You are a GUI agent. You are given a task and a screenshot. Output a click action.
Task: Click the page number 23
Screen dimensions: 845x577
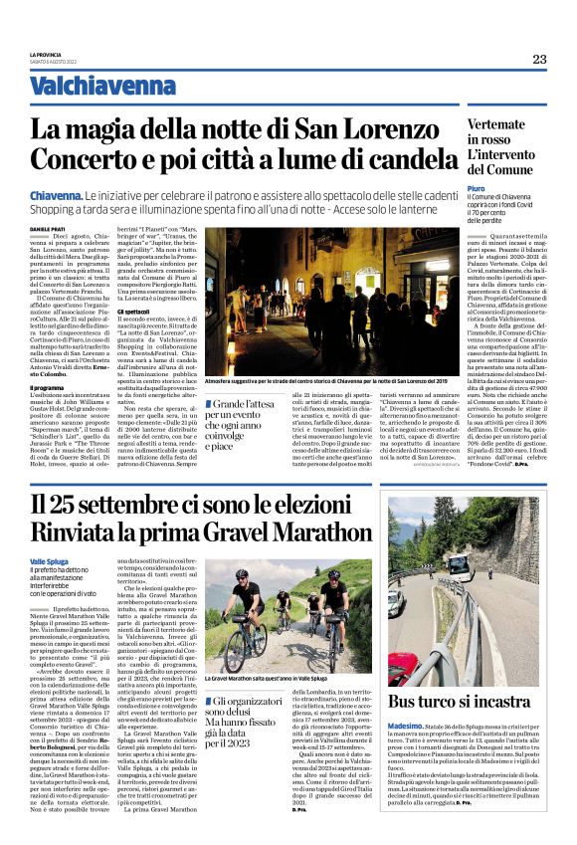[539, 59]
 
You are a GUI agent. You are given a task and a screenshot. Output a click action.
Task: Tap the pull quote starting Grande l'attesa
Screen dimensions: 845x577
[239, 424]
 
